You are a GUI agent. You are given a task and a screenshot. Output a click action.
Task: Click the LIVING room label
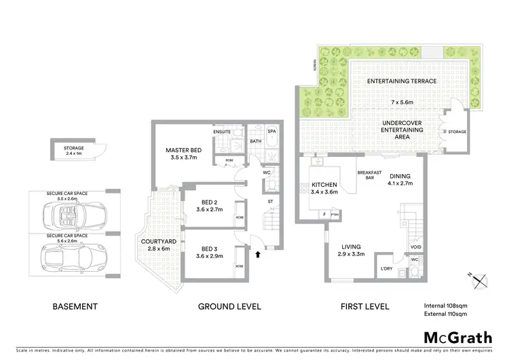352,247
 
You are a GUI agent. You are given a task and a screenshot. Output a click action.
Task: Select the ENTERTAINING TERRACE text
401,81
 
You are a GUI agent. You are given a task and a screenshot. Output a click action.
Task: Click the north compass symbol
480,278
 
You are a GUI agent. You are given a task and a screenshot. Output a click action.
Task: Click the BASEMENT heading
75,306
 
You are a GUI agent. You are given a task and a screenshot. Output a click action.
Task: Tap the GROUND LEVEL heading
229,306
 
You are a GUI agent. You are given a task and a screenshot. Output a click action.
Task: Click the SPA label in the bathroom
271,130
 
